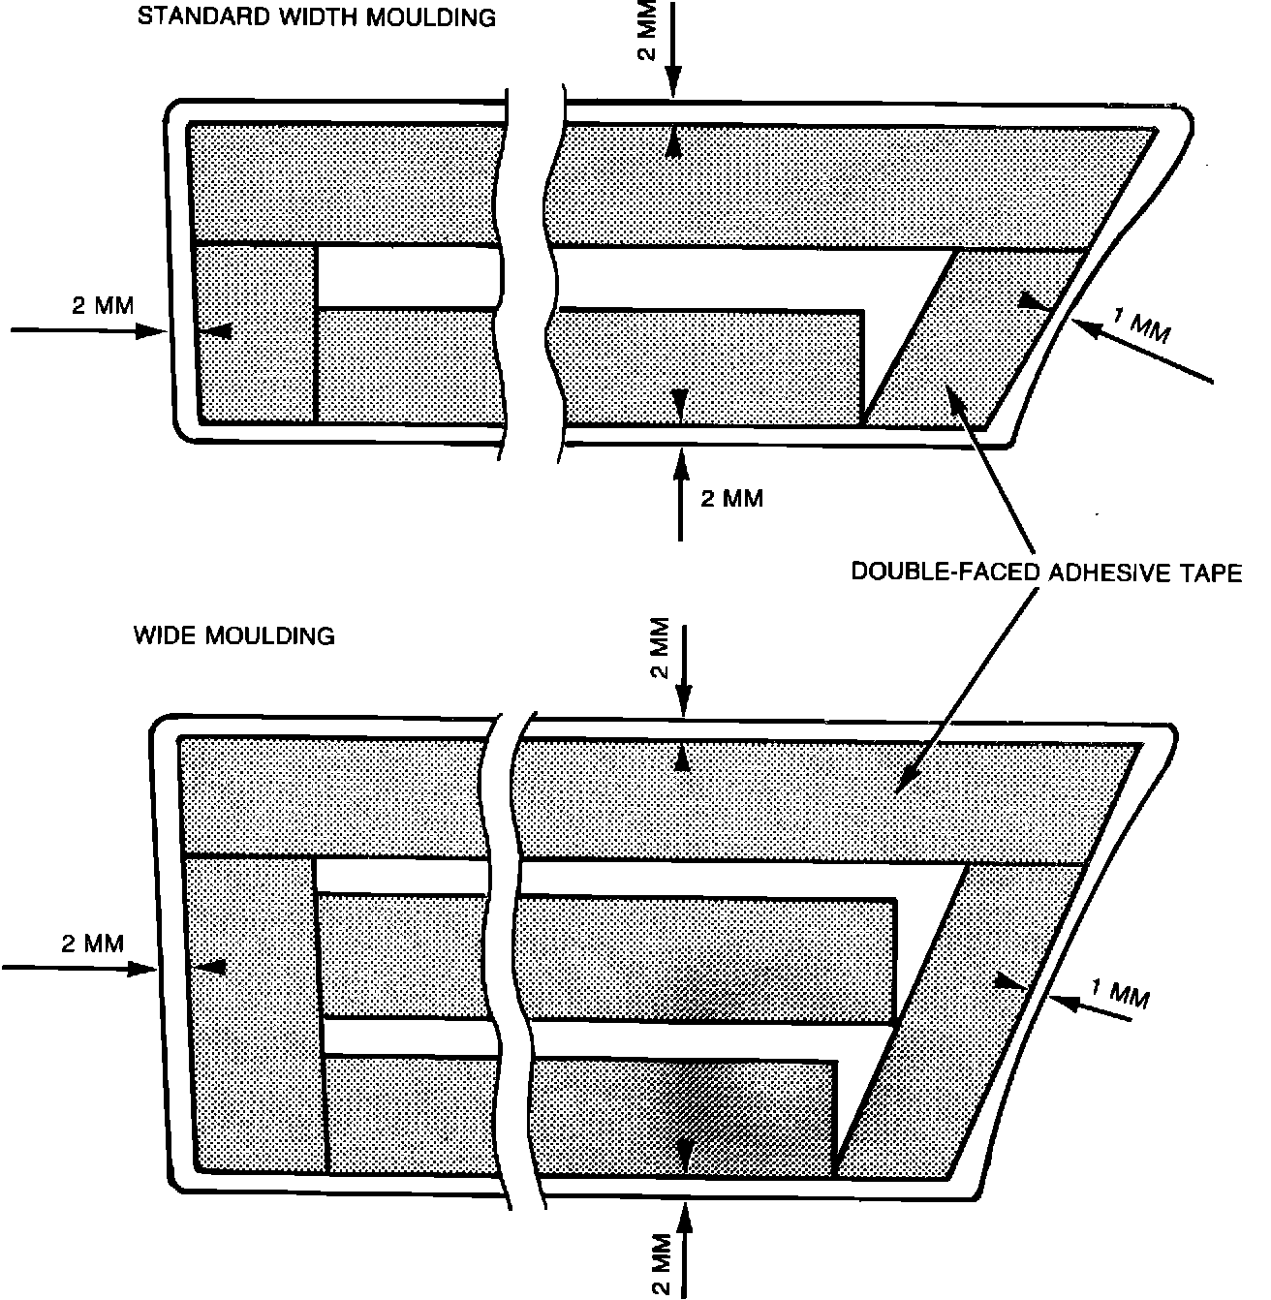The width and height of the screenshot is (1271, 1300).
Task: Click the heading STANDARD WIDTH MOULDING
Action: (317, 17)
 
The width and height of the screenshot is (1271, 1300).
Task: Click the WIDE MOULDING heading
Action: (233, 635)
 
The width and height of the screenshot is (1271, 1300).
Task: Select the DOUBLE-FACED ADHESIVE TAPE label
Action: (1045, 573)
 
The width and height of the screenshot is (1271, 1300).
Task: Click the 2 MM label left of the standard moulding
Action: (103, 305)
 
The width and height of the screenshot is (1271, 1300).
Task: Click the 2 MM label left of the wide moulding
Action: (93, 943)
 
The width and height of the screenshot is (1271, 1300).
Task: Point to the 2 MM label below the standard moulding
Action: (731, 499)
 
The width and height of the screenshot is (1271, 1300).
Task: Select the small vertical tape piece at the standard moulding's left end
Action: (257, 334)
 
